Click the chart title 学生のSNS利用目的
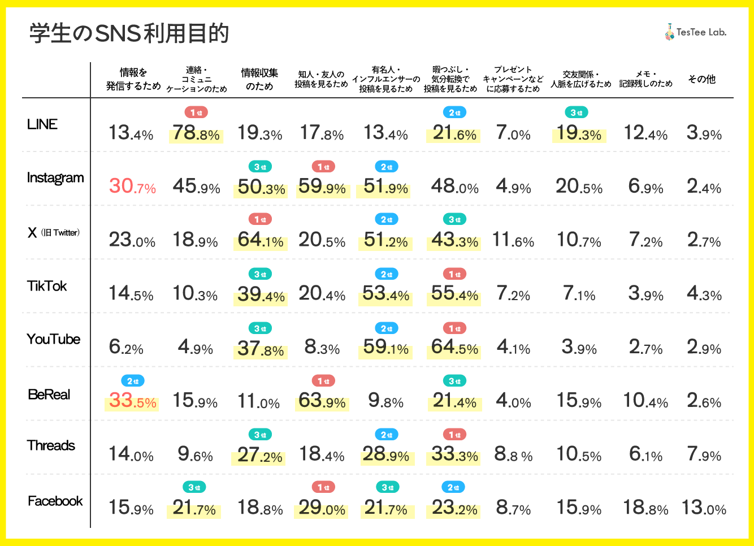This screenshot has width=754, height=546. (129, 33)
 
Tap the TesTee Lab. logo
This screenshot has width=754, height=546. (695, 32)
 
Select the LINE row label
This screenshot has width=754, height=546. (42, 124)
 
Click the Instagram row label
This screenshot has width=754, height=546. (55, 178)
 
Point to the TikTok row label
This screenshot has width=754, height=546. (47, 286)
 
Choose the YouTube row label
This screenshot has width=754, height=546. (54, 339)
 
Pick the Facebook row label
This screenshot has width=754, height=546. (55, 501)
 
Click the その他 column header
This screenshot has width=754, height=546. (701, 79)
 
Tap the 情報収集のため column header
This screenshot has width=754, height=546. (259, 79)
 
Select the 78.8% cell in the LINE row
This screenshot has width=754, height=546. (196, 133)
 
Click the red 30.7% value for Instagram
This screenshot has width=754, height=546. (132, 187)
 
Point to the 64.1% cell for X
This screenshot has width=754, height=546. (261, 240)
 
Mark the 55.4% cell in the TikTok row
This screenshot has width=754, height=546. (454, 294)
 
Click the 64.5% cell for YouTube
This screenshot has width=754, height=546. (454, 347)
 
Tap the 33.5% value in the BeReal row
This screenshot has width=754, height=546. (132, 401)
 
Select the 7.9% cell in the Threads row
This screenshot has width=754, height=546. (704, 454)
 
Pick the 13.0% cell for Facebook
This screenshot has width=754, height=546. (704, 508)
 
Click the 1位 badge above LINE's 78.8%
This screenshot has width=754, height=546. (196, 113)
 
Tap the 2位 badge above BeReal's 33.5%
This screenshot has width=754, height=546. (133, 381)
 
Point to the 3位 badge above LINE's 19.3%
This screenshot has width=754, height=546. (576, 113)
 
